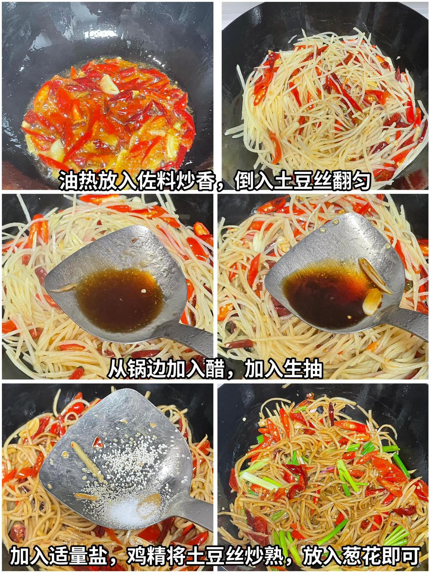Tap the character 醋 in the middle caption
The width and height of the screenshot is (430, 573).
click(x=215, y=369)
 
